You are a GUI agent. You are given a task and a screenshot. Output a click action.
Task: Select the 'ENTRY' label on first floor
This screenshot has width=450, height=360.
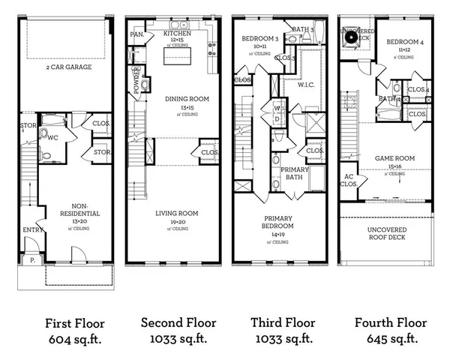pos(32,229)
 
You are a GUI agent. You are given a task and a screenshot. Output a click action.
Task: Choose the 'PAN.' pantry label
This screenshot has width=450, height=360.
pos(137,34)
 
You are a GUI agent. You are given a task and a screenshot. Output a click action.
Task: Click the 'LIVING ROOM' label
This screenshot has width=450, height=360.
pos(178,213)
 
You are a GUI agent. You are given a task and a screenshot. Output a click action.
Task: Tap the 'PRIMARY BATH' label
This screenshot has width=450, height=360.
pos(295,174)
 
